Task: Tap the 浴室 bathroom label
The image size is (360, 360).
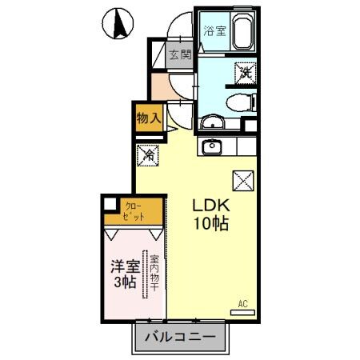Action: pyautogui.click(x=214, y=32)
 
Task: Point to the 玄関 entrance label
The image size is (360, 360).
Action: pyautogui.click(x=180, y=55)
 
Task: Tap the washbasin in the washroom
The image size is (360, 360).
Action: pyautogui.click(x=211, y=122)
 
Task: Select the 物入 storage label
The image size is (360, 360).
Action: pyautogui.click(x=149, y=117)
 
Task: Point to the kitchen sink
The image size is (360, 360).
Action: pyautogui.click(x=212, y=146)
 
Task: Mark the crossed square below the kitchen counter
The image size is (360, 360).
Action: pyautogui.click(x=242, y=180)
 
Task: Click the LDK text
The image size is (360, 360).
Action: pyautogui.click(x=210, y=206)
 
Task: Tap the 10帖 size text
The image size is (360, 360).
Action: pyautogui.click(x=210, y=225)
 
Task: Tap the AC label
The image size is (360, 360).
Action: pyautogui.click(x=243, y=305)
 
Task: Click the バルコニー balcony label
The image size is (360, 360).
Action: pyautogui.click(x=180, y=338)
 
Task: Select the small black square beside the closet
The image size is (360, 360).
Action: pyautogui.click(x=110, y=205)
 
